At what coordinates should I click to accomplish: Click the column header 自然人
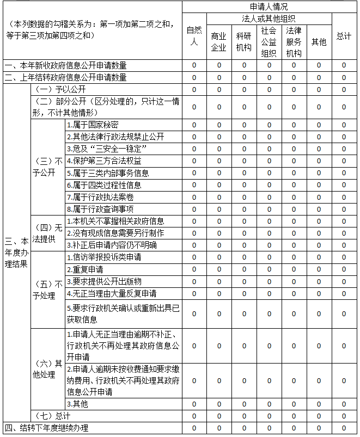coord(194,36)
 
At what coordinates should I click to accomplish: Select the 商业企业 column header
coord(219,41)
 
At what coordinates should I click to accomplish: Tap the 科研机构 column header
coord(244,41)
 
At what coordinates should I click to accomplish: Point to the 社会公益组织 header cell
coord(269,41)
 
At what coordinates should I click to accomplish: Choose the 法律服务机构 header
coord(294,41)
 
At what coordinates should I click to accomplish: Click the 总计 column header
coord(344,36)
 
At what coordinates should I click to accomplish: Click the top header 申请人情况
coord(269,7)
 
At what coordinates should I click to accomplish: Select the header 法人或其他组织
coord(269,19)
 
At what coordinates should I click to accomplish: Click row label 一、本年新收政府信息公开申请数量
coord(65,65)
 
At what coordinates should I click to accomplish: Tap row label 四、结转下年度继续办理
coord(46,428)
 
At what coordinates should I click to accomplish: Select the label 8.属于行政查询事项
coord(100,209)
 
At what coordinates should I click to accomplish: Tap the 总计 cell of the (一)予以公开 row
coord(344,89)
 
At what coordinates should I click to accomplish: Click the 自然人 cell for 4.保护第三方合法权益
coord(194,161)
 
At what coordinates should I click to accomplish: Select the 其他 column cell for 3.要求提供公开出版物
coord(319,281)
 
